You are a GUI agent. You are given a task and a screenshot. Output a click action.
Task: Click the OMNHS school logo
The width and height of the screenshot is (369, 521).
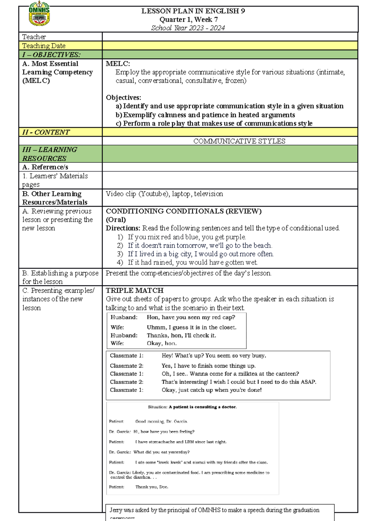coord(39,14)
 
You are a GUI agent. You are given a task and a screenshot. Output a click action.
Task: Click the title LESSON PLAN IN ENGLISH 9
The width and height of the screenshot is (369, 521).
coord(193,11)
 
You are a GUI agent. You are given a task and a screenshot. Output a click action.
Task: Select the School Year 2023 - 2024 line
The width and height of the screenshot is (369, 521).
coord(188,28)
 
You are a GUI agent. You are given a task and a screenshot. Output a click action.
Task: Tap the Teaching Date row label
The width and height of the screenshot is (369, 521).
coord(44,46)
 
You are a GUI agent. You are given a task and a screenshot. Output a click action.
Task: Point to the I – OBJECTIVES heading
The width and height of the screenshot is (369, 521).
coord(51,55)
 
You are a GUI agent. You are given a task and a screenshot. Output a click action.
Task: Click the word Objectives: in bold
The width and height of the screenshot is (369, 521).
coord(123,98)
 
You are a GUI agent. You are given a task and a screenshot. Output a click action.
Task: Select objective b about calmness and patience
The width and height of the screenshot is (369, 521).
coord(205,115)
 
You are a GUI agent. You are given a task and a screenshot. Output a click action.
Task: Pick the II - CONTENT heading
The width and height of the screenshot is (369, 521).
coord(46,132)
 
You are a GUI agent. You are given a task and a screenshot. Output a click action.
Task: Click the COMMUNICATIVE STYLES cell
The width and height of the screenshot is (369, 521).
coord(239,141)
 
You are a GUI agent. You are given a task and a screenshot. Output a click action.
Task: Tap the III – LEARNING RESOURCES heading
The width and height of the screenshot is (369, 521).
coord(50,154)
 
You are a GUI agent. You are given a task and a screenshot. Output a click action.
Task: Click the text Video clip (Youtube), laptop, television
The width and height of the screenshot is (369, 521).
coord(164,194)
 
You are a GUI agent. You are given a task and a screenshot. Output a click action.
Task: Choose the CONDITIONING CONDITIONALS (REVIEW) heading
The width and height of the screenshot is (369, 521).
coord(184,211)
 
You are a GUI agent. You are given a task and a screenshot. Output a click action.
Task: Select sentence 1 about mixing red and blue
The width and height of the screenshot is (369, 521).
coord(187,237)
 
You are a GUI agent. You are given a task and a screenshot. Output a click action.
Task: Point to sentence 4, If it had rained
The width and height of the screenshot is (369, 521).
coord(192,262)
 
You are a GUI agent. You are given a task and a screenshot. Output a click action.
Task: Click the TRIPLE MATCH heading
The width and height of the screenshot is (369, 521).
coord(134,290)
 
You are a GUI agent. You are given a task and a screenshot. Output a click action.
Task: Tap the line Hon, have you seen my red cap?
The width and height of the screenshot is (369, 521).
coord(191,317)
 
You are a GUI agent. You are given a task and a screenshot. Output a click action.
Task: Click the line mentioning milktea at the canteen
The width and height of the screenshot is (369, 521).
coord(230,374)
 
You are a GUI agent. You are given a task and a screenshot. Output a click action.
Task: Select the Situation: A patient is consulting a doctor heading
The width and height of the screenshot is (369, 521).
coord(192,407)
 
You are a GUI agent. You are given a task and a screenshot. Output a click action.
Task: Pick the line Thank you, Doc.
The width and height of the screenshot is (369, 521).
coord(152,487)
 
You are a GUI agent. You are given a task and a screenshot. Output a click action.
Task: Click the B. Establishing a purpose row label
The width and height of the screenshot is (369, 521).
coord(60,277)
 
